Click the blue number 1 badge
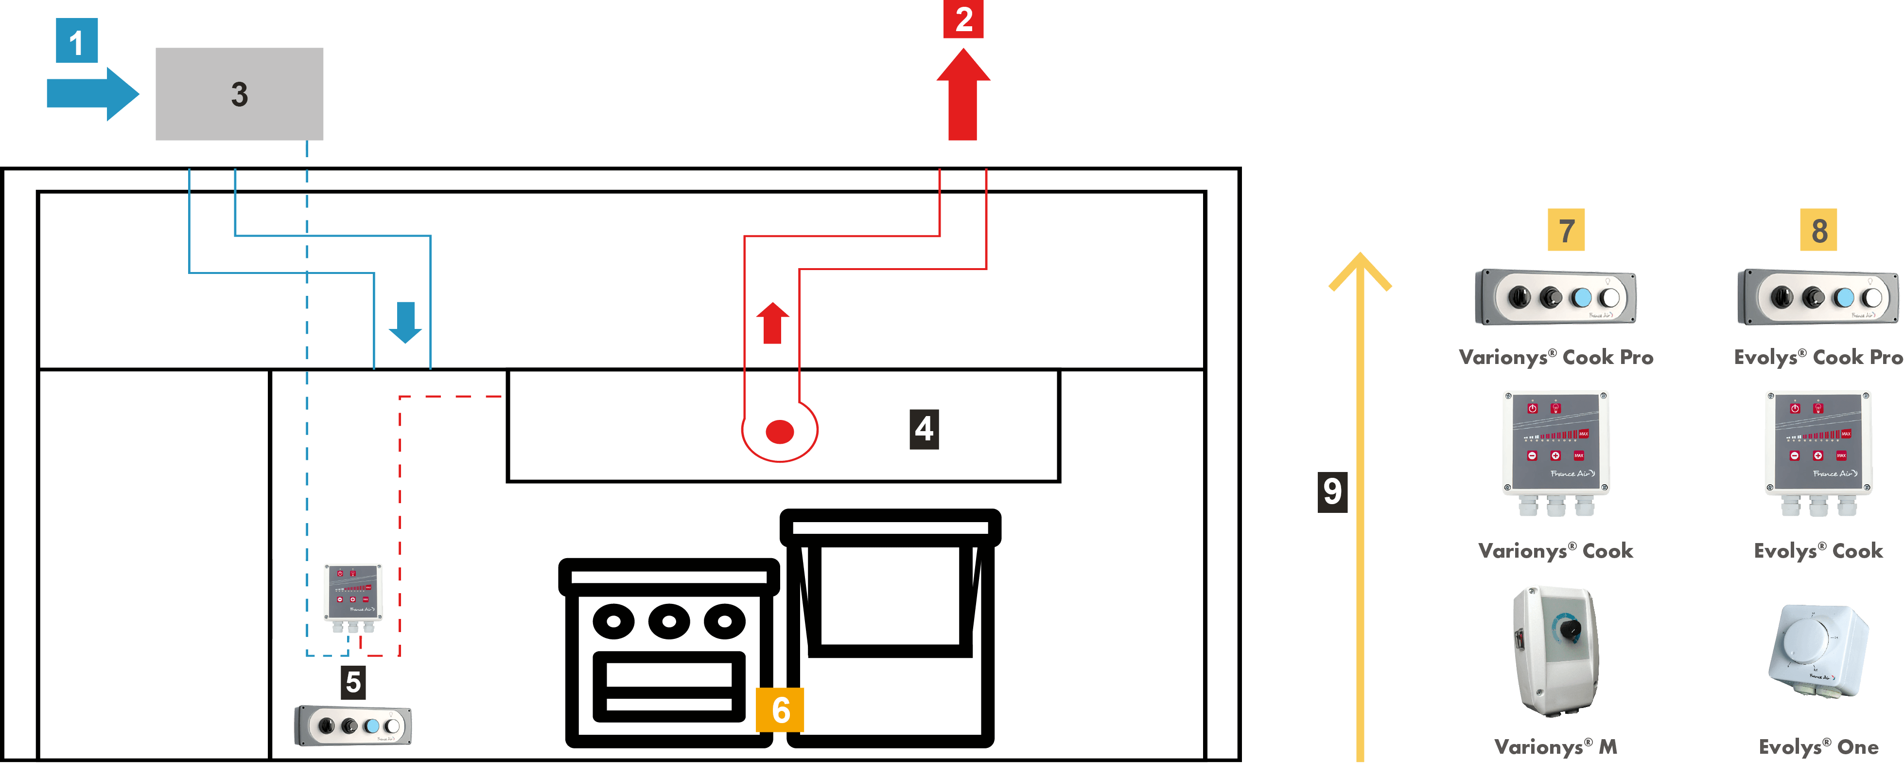pos(76,41)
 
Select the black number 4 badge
pos(924,429)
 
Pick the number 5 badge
pos(353,682)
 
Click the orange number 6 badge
pos(780,710)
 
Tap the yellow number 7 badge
pos(1566,230)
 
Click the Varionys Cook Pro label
pos(1556,357)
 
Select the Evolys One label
pos(1818,747)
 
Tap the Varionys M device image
pos(1555,651)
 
